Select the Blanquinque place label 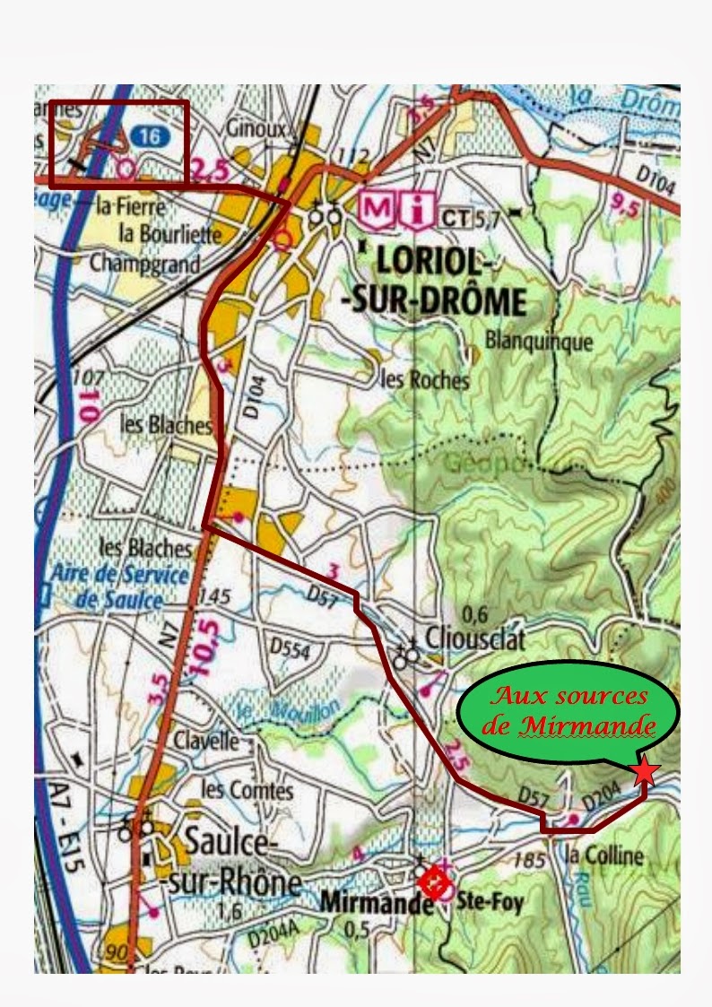(538, 341)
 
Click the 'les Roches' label (425, 379)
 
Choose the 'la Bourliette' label (170, 234)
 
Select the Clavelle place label (207, 742)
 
